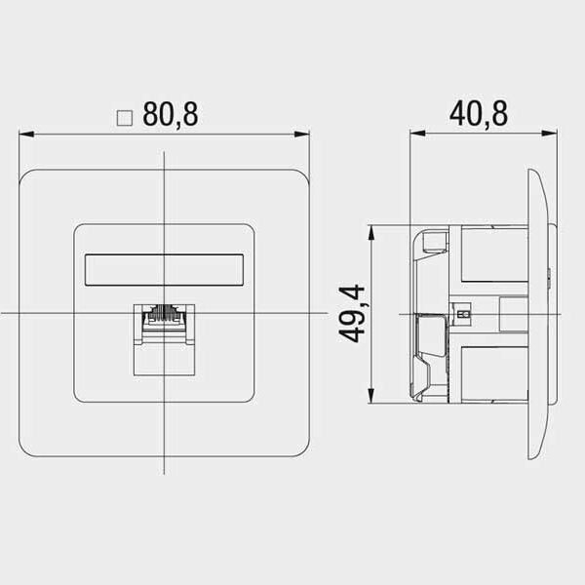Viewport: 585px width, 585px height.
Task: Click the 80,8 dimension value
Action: click(171, 114)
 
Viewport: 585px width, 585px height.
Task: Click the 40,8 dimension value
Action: click(479, 113)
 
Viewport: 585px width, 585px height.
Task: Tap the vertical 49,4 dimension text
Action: click(351, 313)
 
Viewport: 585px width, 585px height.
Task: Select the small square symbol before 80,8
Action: click(125, 118)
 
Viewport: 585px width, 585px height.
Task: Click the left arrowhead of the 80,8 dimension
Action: click(26, 134)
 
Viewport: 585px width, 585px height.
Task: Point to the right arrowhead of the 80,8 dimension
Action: click(302, 134)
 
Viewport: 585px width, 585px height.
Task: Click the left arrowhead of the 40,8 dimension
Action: click(417, 133)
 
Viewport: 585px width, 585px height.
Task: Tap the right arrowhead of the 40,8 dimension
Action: click(550, 133)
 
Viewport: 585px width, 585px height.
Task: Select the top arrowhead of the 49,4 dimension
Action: click(370, 232)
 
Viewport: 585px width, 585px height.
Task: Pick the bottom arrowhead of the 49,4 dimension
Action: click(370, 396)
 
